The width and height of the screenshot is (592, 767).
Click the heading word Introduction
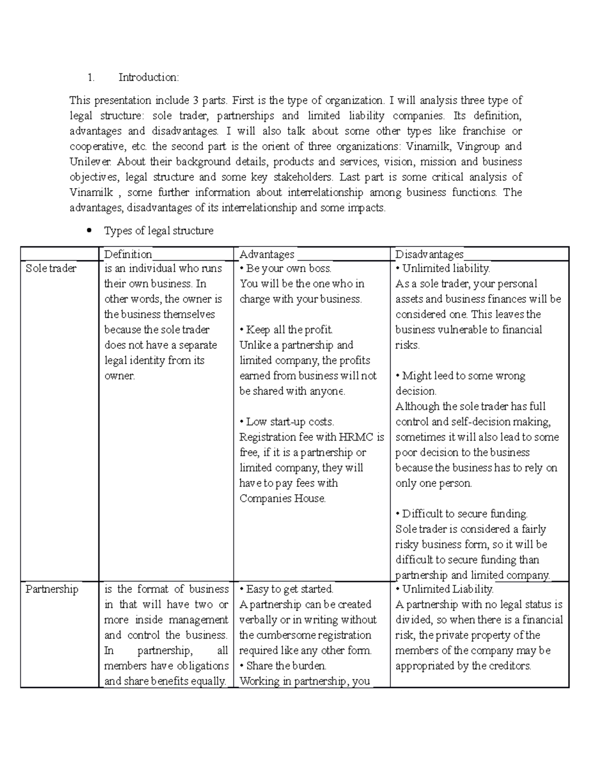[x=148, y=78]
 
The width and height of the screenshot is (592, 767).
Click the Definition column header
[x=128, y=254]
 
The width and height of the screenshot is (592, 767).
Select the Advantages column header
[x=267, y=254]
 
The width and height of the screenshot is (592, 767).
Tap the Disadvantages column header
[x=429, y=254]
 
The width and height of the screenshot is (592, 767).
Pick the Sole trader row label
[x=51, y=269]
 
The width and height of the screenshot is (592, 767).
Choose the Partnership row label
[x=52, y=589]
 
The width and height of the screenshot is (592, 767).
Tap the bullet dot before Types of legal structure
[x=89, y=230]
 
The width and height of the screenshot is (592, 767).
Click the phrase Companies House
[x=282, y=498]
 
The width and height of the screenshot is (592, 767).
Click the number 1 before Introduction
[x=90, y=78]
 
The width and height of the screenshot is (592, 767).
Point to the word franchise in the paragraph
[x=483, y=131]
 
